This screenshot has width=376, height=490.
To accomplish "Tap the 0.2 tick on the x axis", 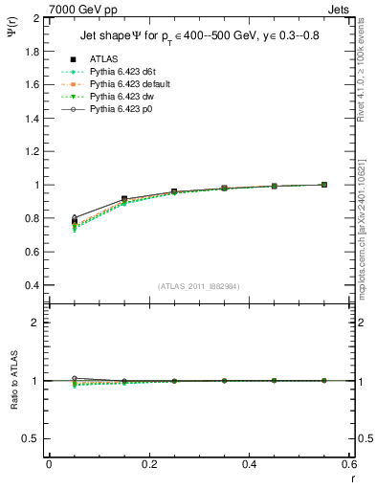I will (x=149, y=464).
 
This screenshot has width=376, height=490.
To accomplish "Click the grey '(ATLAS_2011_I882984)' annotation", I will (x=200, y=287).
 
